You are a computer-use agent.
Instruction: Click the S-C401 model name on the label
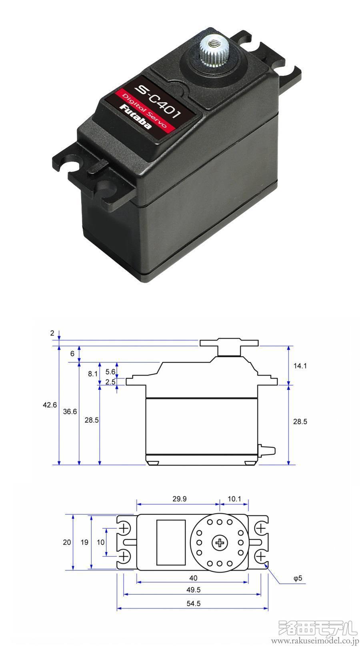(x=158, y=102)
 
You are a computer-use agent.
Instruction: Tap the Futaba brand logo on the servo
(x=136, y=117)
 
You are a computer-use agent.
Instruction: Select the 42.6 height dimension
(x=50, y=405)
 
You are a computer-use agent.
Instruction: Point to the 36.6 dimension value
(x=70, y=411)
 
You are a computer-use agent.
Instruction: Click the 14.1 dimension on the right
(x=300, y=366)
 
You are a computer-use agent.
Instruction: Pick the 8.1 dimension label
(x=93, y=374)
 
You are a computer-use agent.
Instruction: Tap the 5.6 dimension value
(x=110, y=371)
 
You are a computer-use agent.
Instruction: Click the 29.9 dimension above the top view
(x=180, y=499)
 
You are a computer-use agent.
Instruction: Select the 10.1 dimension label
(x=234, y=499)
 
